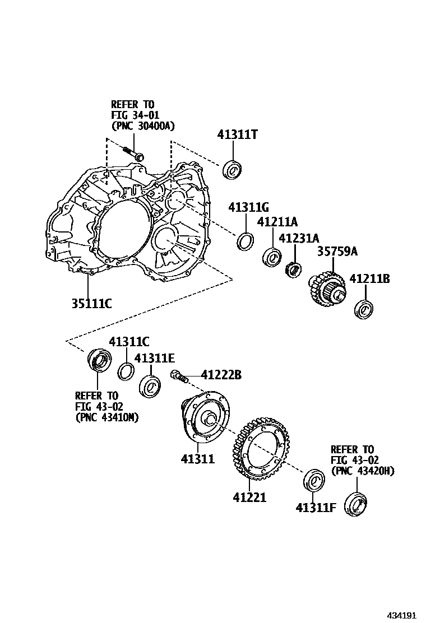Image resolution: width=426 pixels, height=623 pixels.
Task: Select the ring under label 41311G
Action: [245, 241]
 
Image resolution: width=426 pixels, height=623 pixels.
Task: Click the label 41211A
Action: [277, 222]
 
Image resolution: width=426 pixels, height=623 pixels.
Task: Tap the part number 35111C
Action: [91, 304]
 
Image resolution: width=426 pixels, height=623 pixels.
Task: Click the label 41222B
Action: [221, 374]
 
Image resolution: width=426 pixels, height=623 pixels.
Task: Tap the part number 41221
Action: [250, 497]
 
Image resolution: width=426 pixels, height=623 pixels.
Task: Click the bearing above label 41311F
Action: [314, 481]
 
